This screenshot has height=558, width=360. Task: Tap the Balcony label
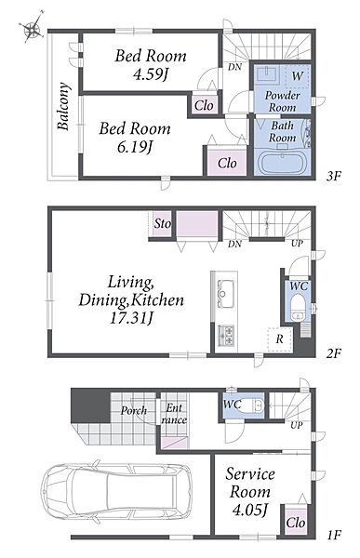click(x=63, y=106)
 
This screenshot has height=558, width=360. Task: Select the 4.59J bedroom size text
click(x=151, y=73)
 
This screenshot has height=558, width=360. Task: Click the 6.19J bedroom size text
click(x=135, y=146)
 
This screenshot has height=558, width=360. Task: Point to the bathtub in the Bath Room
click(x=282, y=163)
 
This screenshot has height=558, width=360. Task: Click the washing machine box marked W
click(x=297, y=76)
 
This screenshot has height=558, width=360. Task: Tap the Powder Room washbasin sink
click(x=266, y=73)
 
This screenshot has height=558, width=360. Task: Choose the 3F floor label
click(x=334, y=176)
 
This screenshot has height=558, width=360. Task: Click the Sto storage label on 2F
click(x=162, y=223)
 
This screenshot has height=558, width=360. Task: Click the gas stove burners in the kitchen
click(x=226, y=336)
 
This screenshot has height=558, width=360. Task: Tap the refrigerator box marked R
click(x=280, y=339)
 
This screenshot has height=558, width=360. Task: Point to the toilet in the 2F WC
click(x=297, y=309)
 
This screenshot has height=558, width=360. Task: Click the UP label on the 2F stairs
click(x=297, y=244)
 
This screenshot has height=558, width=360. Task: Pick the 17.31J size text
click(x=130, y=317)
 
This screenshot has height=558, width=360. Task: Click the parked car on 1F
click(x=115, y=492)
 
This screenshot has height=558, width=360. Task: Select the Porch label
click(x=134, y=411)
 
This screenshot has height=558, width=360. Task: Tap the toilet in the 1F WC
click(x=252, y=405)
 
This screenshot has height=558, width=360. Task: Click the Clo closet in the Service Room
click(x=296, y=522)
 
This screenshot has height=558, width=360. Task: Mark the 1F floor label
click(x=334, y=535)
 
